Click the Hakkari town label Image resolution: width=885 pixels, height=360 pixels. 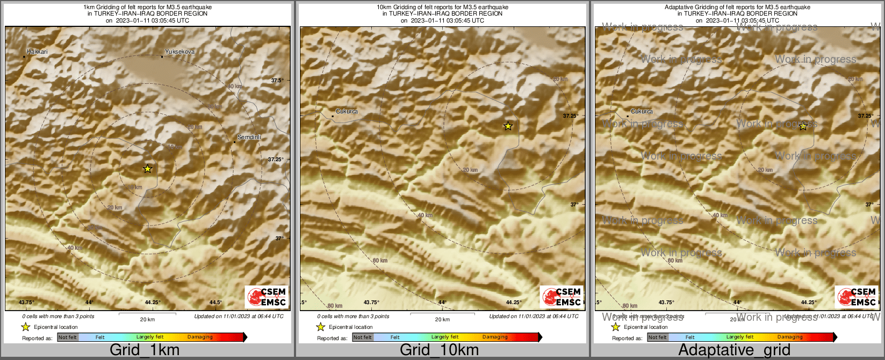click(x=38, y=52)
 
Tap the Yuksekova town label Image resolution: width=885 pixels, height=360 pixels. click(x=179, y=52)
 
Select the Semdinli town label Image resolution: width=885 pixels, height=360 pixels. click(x=249, y=137)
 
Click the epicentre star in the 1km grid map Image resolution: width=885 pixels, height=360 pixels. click(x=148, y=169)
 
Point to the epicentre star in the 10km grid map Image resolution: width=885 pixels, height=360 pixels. click(x=508, y=126)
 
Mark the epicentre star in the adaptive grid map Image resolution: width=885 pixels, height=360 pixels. click(x=803, y=126)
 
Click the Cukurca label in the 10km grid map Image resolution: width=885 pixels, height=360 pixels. click(x=347, y=111)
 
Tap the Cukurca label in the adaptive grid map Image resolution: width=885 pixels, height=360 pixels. click(x=642, y=111)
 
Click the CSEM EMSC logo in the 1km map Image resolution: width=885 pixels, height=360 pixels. click(x=267, y=297)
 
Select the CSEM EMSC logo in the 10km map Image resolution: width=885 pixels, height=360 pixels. click(x=562, y=297)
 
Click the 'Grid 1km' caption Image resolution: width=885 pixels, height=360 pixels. click(x=145, y=350)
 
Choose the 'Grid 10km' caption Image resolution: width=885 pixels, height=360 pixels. click(x=439, y=350)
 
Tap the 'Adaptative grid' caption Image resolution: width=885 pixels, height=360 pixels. click(x=734, y=350)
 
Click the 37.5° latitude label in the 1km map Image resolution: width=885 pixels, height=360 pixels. click(x=277, y=80)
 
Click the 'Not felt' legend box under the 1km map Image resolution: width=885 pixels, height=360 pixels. click(x=68, y=337)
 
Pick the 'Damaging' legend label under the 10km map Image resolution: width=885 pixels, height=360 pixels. click(x=495, y=337)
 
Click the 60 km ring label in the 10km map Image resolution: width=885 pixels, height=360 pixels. click(x=380, y=261)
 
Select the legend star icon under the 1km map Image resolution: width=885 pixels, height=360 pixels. click(x=25, y=327)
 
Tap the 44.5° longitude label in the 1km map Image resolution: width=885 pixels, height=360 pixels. click(x=215, y=302)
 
